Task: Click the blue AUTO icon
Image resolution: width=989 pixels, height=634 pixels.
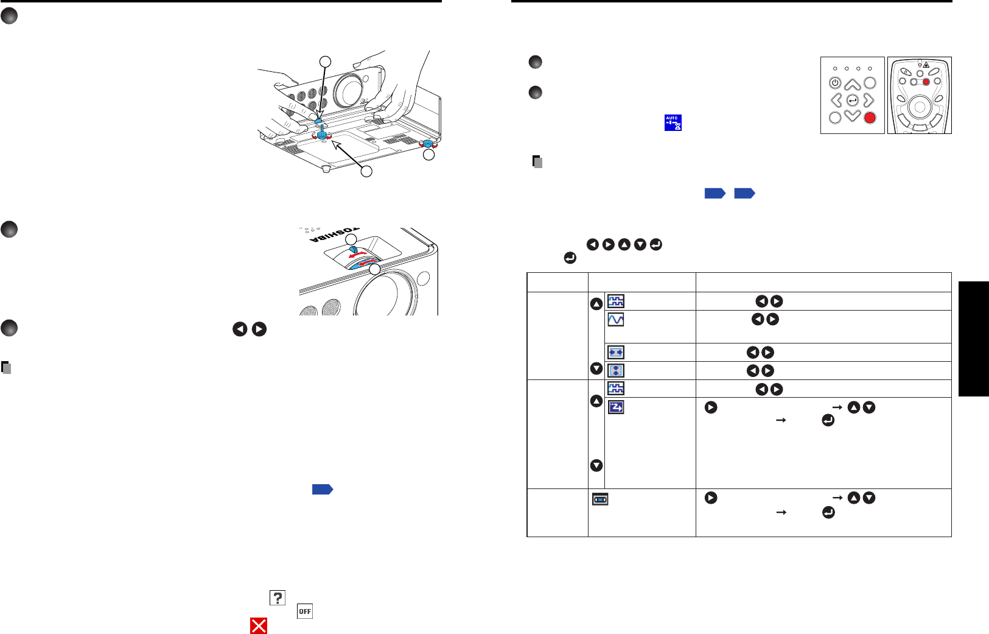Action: pos(673,122)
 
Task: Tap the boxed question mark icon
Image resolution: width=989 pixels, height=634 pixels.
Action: pos(278,598)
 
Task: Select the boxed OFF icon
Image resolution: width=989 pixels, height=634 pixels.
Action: pos(305,611)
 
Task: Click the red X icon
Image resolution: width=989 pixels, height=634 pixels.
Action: pos(259,625)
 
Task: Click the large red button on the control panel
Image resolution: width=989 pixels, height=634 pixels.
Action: pos(870,118)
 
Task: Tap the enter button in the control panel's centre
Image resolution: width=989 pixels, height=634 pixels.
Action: pos(853,100)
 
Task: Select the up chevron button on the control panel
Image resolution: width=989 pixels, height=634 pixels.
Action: pos(853,84)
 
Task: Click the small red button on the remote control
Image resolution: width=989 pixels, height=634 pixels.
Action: pos(926,82)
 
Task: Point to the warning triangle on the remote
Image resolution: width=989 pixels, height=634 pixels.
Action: pos(926,65)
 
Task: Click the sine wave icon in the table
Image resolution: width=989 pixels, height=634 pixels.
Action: pos(616,319)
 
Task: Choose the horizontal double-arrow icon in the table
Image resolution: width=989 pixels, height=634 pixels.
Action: pos(616,352)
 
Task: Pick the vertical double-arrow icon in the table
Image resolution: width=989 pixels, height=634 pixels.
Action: pos(616,370)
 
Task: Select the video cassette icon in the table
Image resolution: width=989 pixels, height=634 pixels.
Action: pos(600,499)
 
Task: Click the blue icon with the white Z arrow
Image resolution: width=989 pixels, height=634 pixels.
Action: pos(616,407)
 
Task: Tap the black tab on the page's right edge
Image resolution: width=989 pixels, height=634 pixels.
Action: pos(974,339)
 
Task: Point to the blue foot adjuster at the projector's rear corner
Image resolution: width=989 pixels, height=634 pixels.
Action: pos(428,143)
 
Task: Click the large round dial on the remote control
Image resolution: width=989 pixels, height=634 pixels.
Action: pos(920,107)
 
